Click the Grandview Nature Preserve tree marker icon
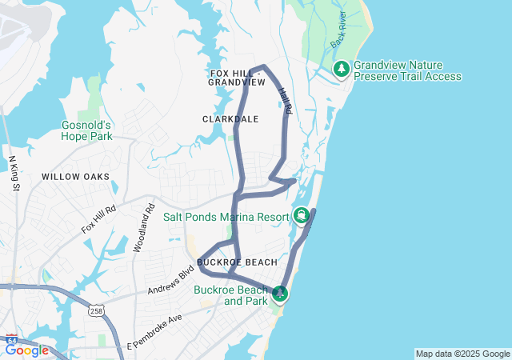[342, 69]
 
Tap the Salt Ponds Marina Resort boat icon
[302, 215]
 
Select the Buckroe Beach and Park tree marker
[280, 294]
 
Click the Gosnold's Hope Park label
[86, 130]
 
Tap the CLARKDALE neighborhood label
[230, 118]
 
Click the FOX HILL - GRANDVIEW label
[236, 78]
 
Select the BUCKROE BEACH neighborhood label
[237, 262]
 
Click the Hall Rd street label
[285, 105]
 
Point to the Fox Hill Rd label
[99, 218]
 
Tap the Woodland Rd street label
[143, 228]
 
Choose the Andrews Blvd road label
[170, 281]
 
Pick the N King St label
[14, 174]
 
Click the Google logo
[26, 350]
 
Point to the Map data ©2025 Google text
[462, 354]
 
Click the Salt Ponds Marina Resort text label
[226, 216]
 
